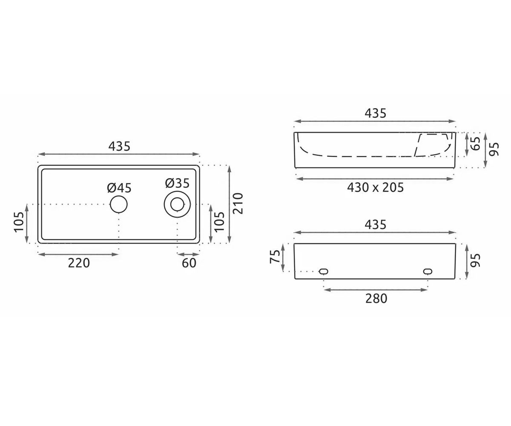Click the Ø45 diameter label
tap(119, 188)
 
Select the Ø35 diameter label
tap(177, 183)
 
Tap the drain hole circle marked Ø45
tap(119, 204)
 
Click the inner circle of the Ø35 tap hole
tap(177, 204)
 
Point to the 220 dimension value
tap(79, 263)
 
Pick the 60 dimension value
tap(189, 263)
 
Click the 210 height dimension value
tap(238, 204)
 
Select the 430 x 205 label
tap(375, 187)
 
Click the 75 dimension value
tap(275, 256)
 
